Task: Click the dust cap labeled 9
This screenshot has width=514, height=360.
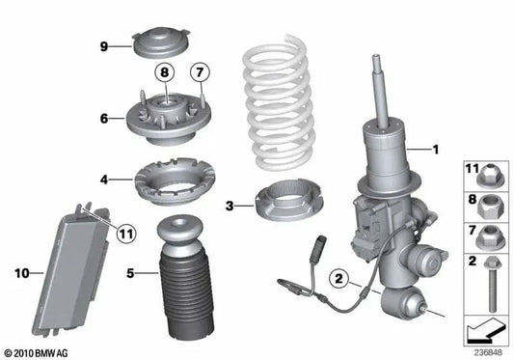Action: (161, 42)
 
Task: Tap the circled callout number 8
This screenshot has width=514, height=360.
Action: (164, 72)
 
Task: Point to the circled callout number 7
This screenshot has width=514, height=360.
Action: (200, 72)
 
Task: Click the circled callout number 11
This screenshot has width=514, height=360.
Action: (126, 234)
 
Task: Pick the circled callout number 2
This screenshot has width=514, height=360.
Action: (338, 279)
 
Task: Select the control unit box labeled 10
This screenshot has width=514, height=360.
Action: (70, 268)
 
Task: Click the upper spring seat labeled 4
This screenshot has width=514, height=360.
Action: (175, 180)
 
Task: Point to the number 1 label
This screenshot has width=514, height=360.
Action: (436, 150)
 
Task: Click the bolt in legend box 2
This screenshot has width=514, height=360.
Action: (491, 284)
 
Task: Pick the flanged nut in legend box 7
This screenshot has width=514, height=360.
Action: (486, 236)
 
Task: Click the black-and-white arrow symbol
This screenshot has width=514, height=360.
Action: (485, 330)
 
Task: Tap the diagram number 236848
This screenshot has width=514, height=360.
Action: (488, 353)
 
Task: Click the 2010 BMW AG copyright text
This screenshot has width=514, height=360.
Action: (36, 353)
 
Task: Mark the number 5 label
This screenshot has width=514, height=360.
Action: (130, 273)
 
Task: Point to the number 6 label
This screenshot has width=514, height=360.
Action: (104, 118)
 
